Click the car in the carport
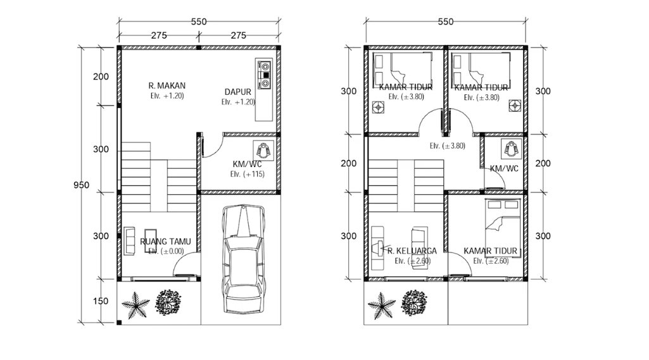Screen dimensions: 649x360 (x=244, y=259)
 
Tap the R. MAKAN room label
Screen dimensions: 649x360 (x=167, y=85)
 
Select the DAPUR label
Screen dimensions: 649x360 (x=237, y=92)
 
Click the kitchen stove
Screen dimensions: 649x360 (x=264, y=75)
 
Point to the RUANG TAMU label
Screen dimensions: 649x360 (x=165, y=241)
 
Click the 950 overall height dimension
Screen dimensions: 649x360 (x=81, y=185)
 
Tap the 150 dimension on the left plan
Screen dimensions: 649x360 (x=101, y=301)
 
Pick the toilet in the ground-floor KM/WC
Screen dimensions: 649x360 (x=263, y=151)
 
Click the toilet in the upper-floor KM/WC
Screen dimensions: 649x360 (x=511, y=149)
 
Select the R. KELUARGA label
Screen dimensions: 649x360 (x=412, y=251)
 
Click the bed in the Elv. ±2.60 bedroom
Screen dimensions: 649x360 (x=502, y=223)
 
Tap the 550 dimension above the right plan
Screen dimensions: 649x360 (x=446, y=22)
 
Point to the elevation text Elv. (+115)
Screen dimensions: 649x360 (x=247, y=174)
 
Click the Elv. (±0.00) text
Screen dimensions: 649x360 (x=166, y=251)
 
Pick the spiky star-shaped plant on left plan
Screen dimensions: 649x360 (x=135, y=306)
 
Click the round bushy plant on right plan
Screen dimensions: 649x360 (x=414, y=302)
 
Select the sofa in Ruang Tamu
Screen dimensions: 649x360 (x=130, y=241)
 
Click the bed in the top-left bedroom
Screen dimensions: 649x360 (x=402, y=68)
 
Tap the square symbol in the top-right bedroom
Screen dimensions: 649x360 (x=515, y=106)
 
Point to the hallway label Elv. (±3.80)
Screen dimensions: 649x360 (x=448, y=146)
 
